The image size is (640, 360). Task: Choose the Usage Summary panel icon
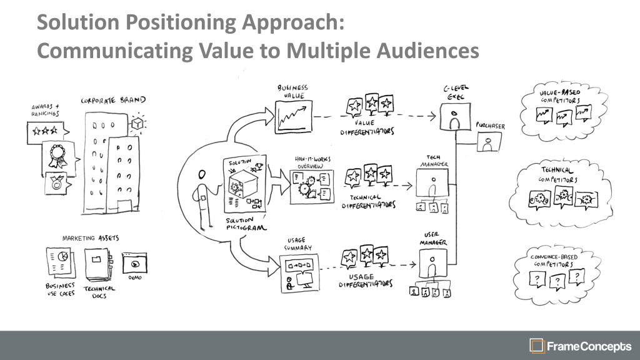(299, 272)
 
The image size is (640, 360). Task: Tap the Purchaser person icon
(486, 143)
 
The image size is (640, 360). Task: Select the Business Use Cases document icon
(60, 262)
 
